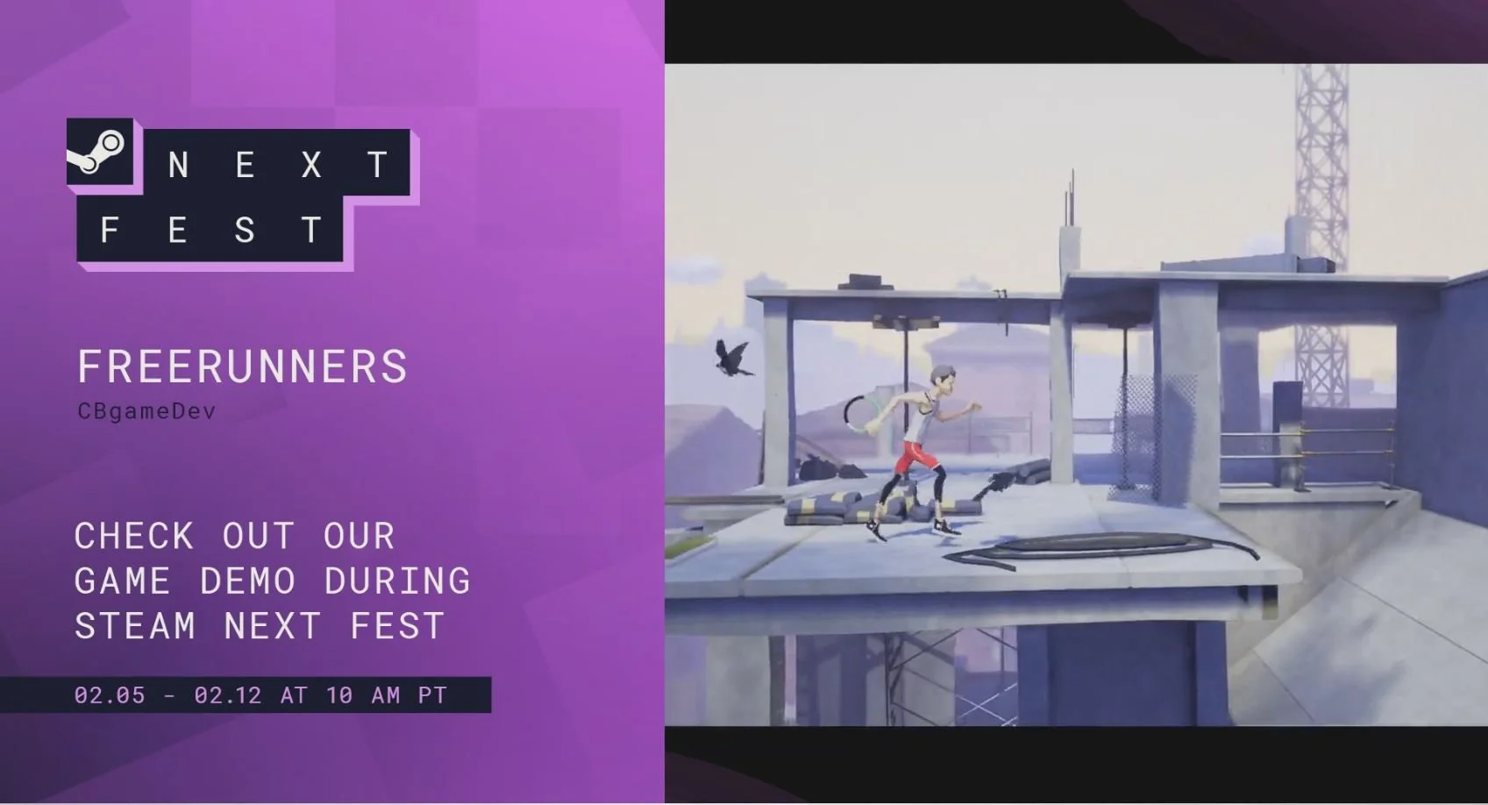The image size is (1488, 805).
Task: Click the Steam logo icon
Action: point(99,151)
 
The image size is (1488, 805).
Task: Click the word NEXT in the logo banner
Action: point(278,165)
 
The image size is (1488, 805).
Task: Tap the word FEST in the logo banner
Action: point(210,231)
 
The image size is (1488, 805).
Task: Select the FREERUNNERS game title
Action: point(242,367)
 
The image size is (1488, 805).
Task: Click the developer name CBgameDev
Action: point(146,411)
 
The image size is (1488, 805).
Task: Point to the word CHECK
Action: point(134,536)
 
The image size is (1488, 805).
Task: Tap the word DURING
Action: point(397,581)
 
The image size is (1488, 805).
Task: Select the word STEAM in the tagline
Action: point(135,626)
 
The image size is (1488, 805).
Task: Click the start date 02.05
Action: point(110,695)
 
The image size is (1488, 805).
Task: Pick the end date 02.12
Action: point(228,695)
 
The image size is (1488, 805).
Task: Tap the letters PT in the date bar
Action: point(432,695)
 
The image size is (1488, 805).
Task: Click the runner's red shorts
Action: point(915,456)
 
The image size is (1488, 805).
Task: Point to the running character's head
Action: point(943,379)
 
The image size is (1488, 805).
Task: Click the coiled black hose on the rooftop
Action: point(1096,547)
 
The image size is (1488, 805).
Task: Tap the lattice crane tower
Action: point(1321,219)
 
